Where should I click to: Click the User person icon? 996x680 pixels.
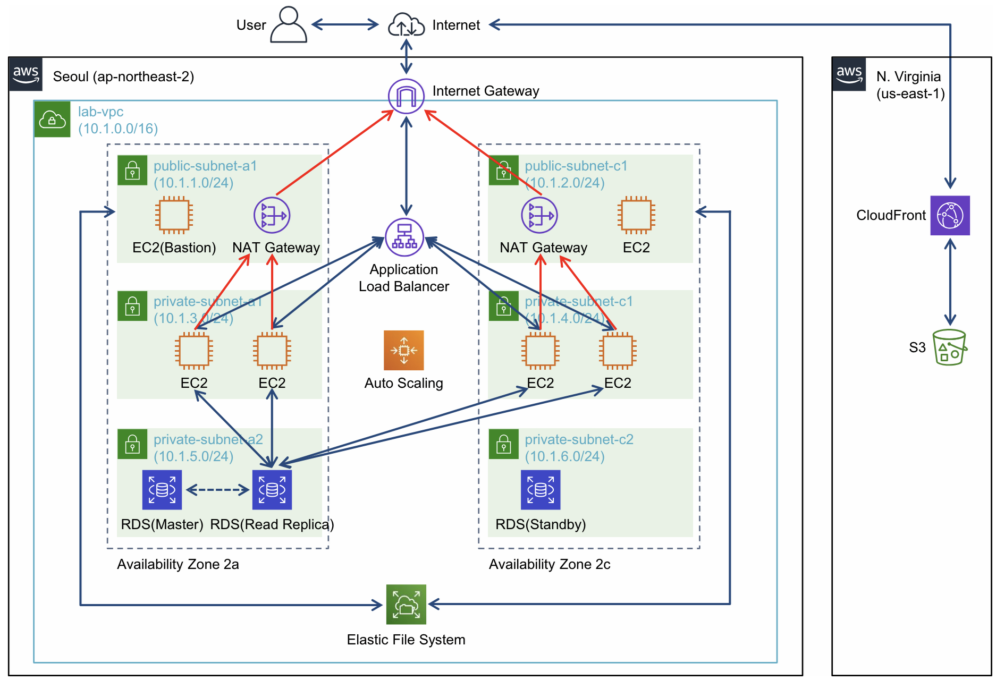[288, 24]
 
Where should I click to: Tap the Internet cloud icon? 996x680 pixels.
[406, 25]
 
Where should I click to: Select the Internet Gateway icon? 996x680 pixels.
[406, 96]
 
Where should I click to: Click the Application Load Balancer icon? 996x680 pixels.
[404, 237]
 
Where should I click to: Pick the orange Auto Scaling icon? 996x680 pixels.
[404, 350]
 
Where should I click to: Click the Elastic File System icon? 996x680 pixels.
[406, 605]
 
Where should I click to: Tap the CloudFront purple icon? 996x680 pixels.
[950, 215]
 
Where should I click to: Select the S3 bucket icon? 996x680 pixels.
[949, 347]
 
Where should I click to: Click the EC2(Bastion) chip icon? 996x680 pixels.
[174, 215]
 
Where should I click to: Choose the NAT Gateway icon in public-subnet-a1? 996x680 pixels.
[272, 215]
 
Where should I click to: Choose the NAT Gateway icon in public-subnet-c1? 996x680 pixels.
[539, 215]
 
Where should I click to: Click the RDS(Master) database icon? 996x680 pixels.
[162, 489]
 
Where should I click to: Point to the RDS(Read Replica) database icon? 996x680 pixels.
[272, 489]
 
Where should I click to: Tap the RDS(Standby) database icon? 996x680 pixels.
[541, 489]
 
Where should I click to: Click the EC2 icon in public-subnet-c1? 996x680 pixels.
[636, 215]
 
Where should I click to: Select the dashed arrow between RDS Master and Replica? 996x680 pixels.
[217, 490]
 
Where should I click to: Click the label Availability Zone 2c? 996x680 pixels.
[549, 564]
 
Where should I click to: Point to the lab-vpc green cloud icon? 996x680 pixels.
[52, 119]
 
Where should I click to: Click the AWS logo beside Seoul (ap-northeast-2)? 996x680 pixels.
[26, 74]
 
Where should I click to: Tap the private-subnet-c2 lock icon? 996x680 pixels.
[503, 444]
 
